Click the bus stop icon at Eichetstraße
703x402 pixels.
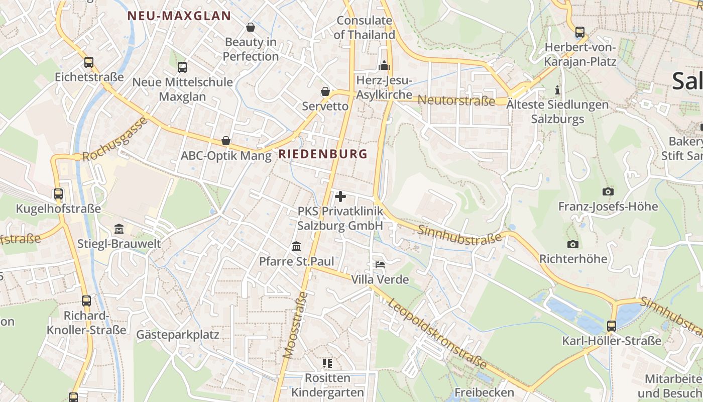pos(89,62)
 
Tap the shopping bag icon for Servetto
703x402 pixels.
pos(325,91)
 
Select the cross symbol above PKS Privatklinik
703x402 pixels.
pos(340,196)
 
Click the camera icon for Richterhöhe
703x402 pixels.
pos(572,244)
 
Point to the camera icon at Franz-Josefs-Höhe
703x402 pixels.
pos(608,191)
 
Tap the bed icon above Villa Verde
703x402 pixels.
pos(380,265)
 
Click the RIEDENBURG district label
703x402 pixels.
pos(323,154)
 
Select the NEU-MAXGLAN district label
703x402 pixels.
pos(179,16)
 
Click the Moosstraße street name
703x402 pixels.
pos(295,325)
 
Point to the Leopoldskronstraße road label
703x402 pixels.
pos(437,333)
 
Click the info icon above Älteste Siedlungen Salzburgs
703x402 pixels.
pos(557,90)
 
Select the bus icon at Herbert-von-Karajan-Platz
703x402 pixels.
pos(580,32)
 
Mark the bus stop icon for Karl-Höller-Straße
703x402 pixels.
pos(611,326)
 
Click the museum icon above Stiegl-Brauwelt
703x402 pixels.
pos(119,229)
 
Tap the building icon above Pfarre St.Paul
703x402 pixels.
pos(296,247)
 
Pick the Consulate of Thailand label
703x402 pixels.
pos(365,28)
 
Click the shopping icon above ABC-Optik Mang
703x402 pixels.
pos(226,141)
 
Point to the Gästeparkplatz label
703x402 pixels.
pos(178,334)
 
